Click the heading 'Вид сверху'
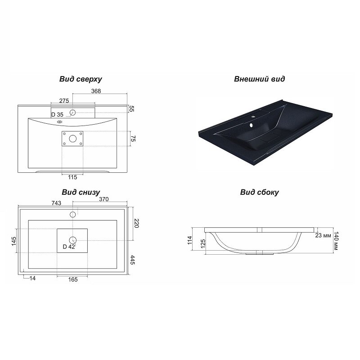click(81, 79)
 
